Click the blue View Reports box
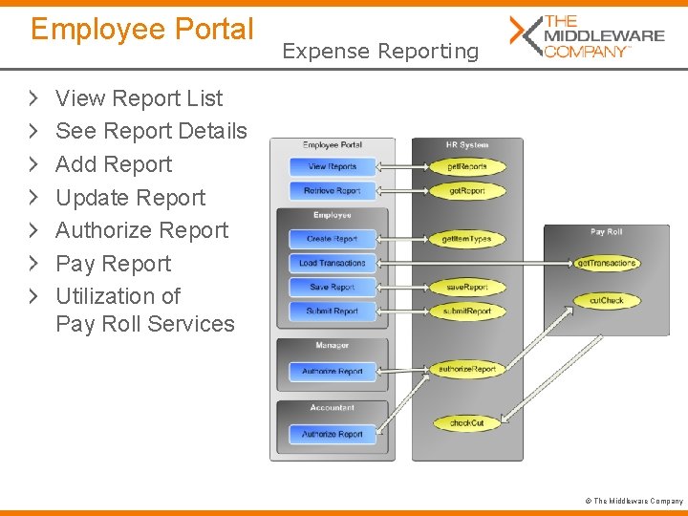[332, 166]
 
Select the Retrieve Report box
[332, 190]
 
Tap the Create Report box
[332, 239]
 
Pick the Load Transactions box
[332, 263]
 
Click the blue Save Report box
[332, 287]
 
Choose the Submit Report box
[332, 311]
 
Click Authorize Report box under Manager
[332, 371]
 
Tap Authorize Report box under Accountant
[332, 434]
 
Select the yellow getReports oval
[466, 166]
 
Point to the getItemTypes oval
[466, 239]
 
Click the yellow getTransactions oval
[606, 263]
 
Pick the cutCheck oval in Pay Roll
[606, 300]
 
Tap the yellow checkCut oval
[466, 422]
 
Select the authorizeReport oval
[466, 368]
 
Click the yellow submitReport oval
[466, 311]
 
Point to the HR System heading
[466, 145]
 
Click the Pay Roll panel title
[606, 232]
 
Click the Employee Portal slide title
[142, 30]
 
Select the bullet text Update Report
[131, 198]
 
